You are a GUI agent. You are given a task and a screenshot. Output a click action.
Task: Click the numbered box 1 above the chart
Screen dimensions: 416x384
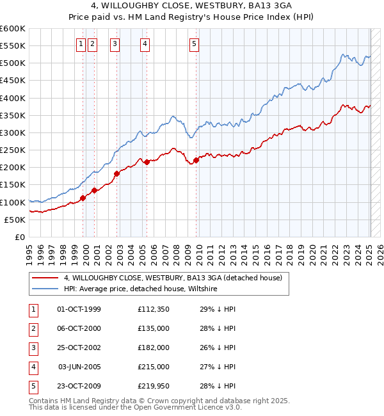(x=81, y=44)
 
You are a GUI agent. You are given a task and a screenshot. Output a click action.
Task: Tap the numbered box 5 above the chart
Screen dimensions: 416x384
(x=194, y=44)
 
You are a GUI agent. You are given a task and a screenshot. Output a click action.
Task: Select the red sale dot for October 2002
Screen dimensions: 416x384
(x=117, y=173)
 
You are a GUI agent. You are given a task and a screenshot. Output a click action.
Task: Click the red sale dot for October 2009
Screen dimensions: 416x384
(x=196, y=160)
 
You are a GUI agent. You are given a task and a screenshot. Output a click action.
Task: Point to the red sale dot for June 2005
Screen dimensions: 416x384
(x=147, y=162)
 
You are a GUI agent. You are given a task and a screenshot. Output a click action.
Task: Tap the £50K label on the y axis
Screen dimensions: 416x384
(x=15, y=220)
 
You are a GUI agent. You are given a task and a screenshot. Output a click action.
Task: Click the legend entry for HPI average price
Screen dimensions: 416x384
(x=140, y=289)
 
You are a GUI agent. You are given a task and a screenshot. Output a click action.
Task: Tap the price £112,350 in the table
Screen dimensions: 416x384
(x=153, y=309)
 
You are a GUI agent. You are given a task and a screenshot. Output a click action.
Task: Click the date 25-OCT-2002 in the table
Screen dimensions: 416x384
(x=79, y=348)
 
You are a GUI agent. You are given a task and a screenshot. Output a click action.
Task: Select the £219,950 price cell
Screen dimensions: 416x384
(x=153, y=386)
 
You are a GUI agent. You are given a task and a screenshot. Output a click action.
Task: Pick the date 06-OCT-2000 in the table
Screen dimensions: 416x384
(x=79, y=328)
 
